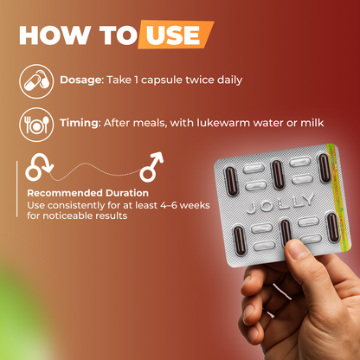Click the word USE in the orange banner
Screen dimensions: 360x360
[x=173, y=35]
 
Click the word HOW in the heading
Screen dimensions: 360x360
[x=55, y=35]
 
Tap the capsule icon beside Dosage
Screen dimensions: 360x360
[x=36, y=81]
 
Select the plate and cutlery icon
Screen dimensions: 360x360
[x=36, y=125]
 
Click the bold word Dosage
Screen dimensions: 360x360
[x=81, y=80]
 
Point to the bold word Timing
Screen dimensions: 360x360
[x=80, y=123]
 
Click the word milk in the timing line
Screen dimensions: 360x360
[x=312, y=123]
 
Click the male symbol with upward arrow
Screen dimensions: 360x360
[x=151, y=167]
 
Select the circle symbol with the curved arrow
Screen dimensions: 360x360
[x=39, y=167]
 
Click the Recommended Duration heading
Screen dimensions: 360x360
[x=88, y=193]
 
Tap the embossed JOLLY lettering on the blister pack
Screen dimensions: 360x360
[x=280, y=203]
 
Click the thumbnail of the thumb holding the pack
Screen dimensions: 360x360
[x=298, y=249]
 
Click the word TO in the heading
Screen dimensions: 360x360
[x=118, y=35]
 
